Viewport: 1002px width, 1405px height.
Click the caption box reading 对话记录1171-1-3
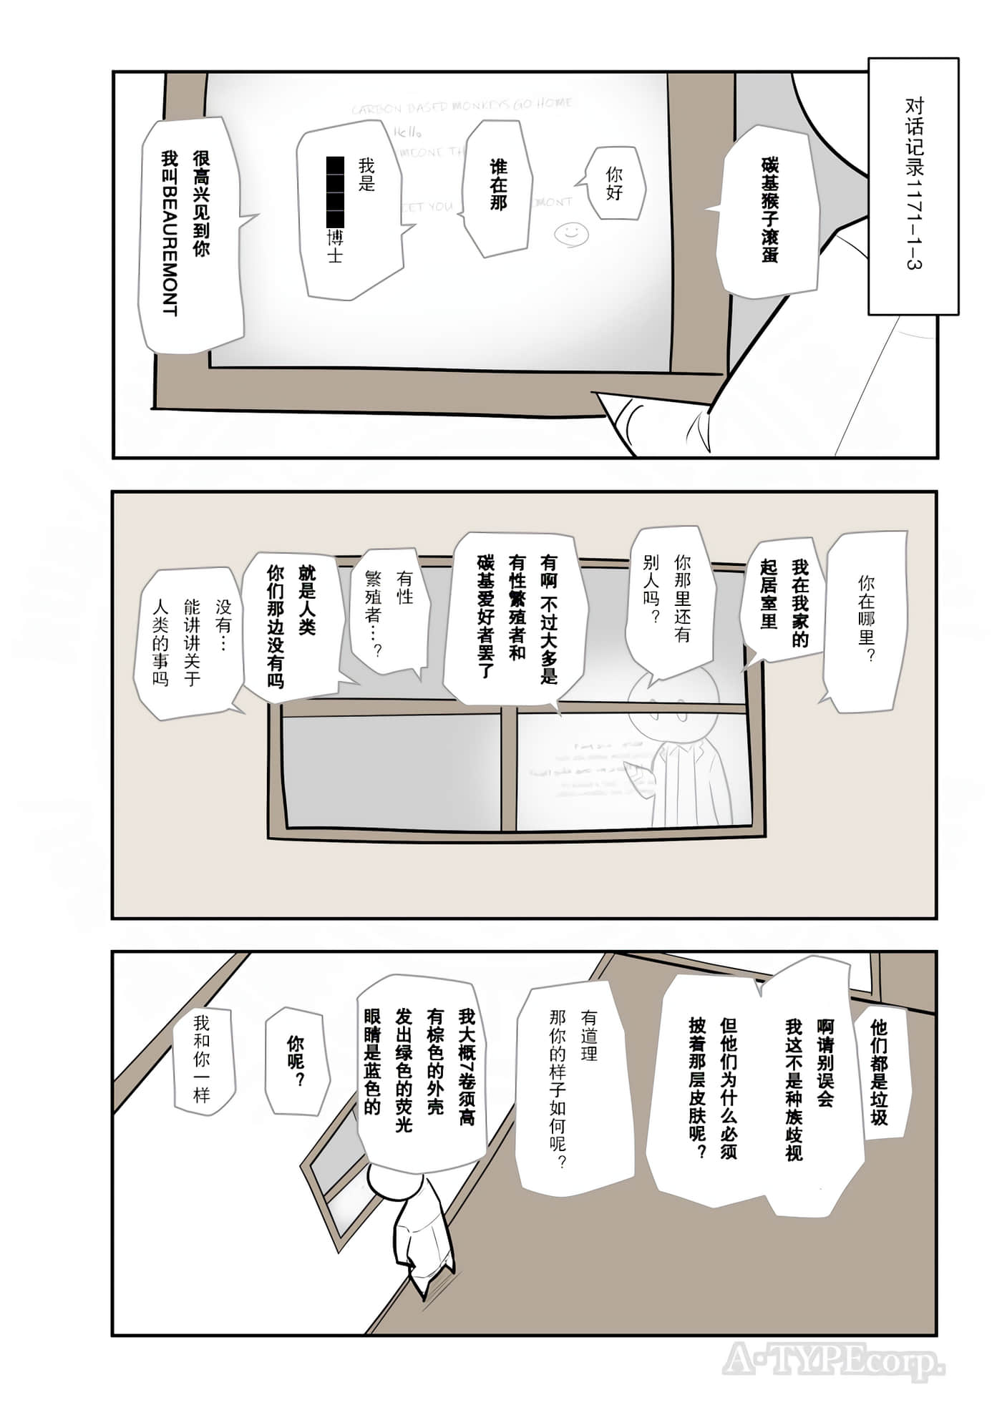coord(913,186)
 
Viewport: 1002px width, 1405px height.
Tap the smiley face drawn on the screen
coord(570,232)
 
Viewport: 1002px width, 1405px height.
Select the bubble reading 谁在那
coord(498,186)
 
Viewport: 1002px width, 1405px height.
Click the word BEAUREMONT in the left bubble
coord(169,250)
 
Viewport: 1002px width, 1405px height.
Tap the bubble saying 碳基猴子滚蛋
coord(769,211)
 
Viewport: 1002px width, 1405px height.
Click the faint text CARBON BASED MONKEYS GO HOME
coord(462,106)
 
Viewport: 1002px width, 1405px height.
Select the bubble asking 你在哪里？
coord(866,619)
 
